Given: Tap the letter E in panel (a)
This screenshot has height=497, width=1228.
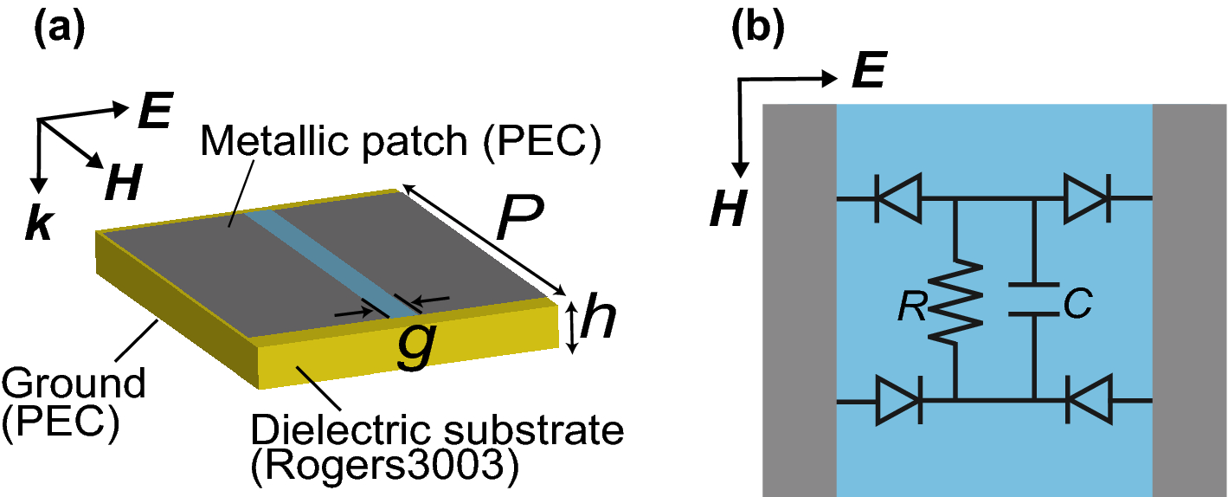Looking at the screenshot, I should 154,113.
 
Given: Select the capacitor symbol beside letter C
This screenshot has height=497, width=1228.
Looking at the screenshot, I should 1035,300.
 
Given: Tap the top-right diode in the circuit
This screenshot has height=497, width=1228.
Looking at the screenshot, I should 1087,198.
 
